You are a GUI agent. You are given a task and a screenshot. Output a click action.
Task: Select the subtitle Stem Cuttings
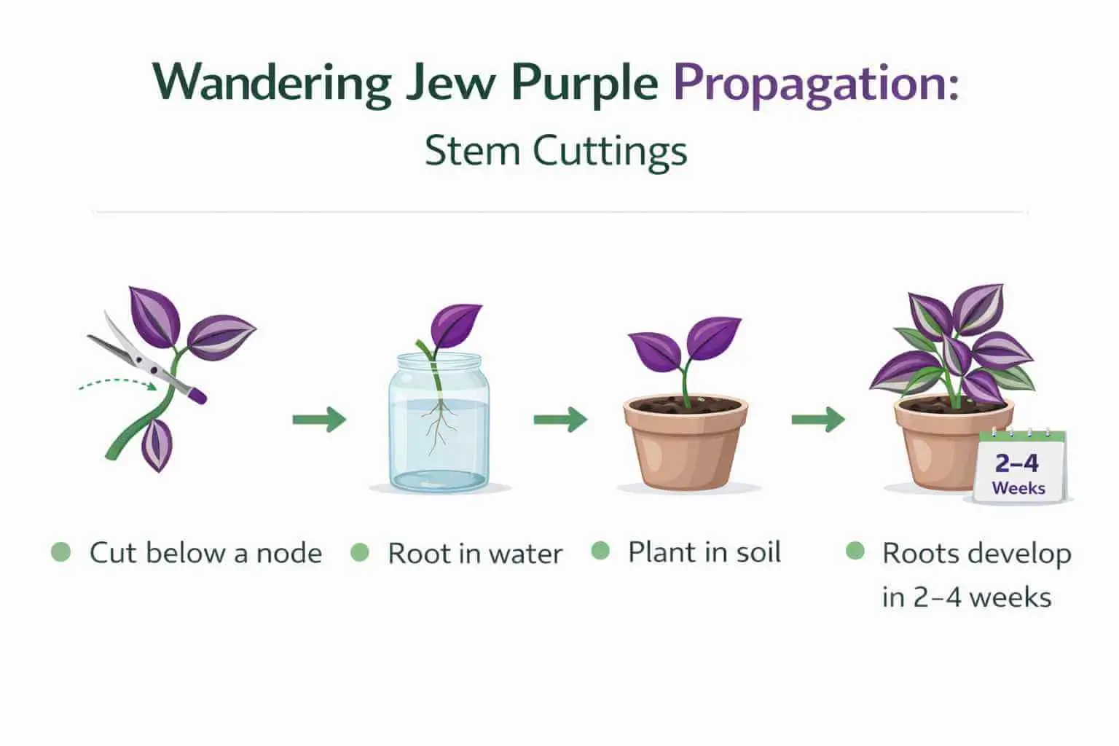coord(555,152)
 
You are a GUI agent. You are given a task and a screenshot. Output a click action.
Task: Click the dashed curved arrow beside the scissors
coord(117,383)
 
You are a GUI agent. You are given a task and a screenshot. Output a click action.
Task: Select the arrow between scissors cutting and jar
coord(319,420)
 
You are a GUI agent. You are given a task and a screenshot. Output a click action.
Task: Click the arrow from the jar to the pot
coord(560,419)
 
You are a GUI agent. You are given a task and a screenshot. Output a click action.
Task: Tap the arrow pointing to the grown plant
coord(818,419)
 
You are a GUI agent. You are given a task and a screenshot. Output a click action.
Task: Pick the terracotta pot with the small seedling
coord(685,444)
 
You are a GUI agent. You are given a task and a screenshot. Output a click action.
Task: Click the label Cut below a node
coord(205,553)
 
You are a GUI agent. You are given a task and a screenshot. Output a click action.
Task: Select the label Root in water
coord(475,554)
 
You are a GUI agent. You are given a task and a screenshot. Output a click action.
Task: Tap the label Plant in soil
coord(704,552)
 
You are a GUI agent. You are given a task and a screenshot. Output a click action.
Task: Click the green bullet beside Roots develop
coord(855,551)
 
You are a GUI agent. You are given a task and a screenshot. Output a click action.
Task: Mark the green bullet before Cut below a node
coord(61,552)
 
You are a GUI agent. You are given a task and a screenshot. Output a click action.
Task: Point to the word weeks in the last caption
coord(1010,597)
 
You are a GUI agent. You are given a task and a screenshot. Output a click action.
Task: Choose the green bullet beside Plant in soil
coord(600,551)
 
